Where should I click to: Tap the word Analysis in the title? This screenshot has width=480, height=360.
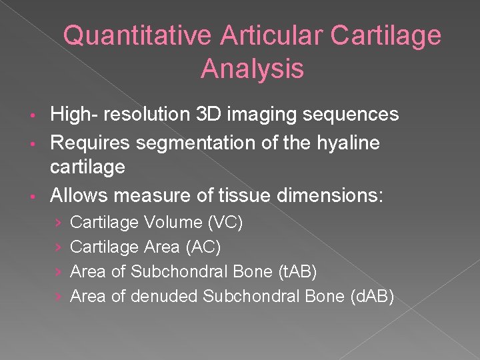coord(252,69)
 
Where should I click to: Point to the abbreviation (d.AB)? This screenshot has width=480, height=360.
coord(372,296)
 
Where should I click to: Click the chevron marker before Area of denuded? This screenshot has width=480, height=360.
coord(58,297)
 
